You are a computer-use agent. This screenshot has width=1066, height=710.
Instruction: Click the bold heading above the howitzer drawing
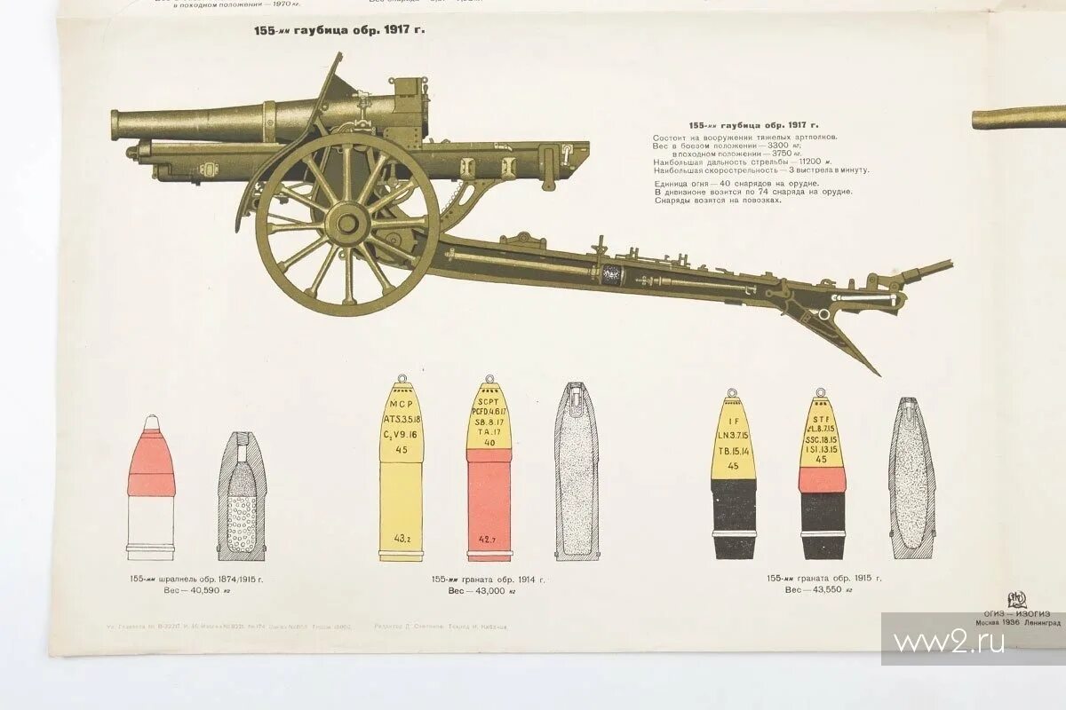tap(339, 30)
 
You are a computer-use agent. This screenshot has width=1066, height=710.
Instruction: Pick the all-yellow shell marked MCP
tap(402, 469)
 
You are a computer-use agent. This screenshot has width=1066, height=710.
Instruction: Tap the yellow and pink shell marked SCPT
tap(489, 469)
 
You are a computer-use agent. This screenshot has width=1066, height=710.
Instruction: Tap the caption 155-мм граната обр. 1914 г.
tap(488, 580)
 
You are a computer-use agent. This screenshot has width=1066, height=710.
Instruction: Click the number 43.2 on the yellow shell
tap(402, 539)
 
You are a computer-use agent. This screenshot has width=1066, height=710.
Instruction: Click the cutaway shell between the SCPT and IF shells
tap(577, 471)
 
